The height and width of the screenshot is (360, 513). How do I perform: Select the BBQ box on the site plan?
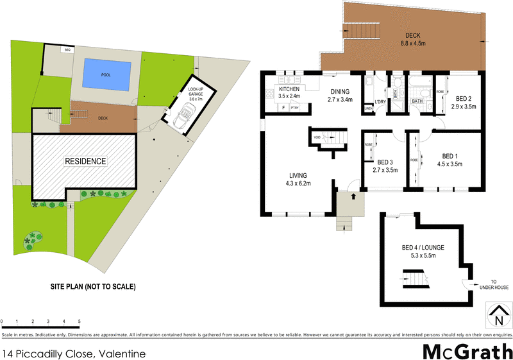67,49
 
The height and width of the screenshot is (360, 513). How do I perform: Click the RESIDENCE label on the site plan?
85,161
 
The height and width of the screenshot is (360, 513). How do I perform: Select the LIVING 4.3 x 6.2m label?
298,180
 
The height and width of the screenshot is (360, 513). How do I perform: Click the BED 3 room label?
385,166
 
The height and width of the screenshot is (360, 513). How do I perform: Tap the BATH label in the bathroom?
417,101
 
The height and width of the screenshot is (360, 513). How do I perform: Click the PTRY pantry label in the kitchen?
295,108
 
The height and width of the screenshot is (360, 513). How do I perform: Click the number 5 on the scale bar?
79,321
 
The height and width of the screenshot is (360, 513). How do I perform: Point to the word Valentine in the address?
121,354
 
